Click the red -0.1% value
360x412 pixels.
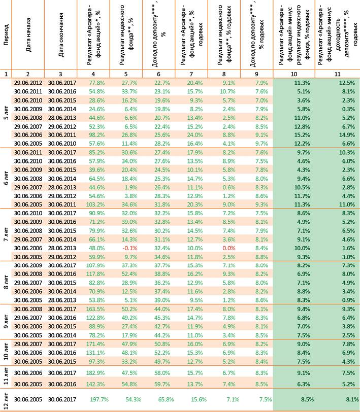pos(129,248)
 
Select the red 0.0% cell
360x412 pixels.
pos(229,248)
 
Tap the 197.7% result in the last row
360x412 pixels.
pos(100,399)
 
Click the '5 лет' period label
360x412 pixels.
pos(6,113)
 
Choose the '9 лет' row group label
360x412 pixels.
pos(6,322)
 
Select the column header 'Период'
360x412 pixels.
pos(6,35)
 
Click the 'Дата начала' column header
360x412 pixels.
pos(28,35)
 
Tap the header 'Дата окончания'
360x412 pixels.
pos(60,35)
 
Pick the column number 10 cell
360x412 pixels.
pos(294,74)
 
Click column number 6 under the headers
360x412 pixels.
pos(158,74)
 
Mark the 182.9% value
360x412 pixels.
pos(95,373)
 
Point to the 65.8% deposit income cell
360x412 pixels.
pos(166,399)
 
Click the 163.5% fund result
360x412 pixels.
pos(95,309)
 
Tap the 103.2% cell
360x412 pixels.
pos(95,204)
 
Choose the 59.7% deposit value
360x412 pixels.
pos(162,384)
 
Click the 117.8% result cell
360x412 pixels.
pos(95,274)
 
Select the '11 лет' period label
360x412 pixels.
pos(6,377)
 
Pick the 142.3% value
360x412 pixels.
pos(95,384)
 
